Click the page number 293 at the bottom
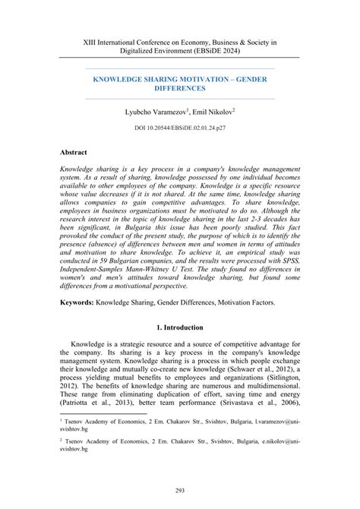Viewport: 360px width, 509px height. tap(180, 490)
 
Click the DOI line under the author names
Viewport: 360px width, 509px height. tap(180, 128)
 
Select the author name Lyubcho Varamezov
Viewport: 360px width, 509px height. tap(155, 111)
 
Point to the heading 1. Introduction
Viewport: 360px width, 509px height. tap(180, 327)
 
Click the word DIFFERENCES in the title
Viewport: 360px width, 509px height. tap(180, 88)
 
